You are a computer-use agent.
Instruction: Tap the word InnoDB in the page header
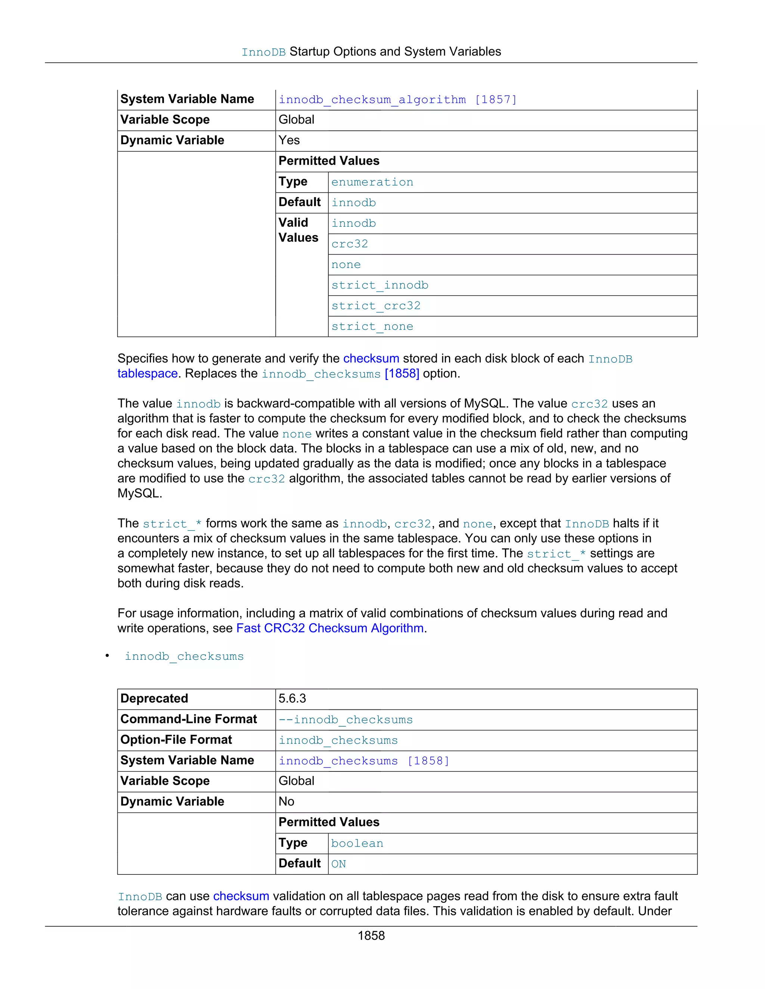(x=263, y=52)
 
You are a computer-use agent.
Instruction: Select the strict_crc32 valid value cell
(x=376, y=306)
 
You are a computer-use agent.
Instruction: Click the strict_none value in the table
(x=372, y=327)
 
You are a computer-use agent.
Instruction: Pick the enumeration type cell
(x=372, y=182)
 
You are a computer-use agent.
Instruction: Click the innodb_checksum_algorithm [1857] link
(x=397, y=100)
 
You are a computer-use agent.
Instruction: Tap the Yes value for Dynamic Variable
(x=289, y=140)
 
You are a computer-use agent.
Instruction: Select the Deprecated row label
(x=154, y=698)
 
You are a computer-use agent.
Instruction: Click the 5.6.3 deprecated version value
(x=292, y=698)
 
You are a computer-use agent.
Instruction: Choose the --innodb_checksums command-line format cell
(x=346, y=720)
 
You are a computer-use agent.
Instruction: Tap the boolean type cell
(x=357, y=843)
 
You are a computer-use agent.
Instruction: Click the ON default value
(x=338, y=864)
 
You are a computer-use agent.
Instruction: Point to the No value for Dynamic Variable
(x=287, y=802)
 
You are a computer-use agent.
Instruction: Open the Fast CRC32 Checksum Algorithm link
(x=330, y=628)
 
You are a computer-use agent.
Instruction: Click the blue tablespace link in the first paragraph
(x=147, y=374)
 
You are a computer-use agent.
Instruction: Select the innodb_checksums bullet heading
(x=184, y=656)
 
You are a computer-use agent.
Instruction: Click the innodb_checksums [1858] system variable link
(x=363, y=761)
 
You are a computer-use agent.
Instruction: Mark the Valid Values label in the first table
(x=298, y=230)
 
